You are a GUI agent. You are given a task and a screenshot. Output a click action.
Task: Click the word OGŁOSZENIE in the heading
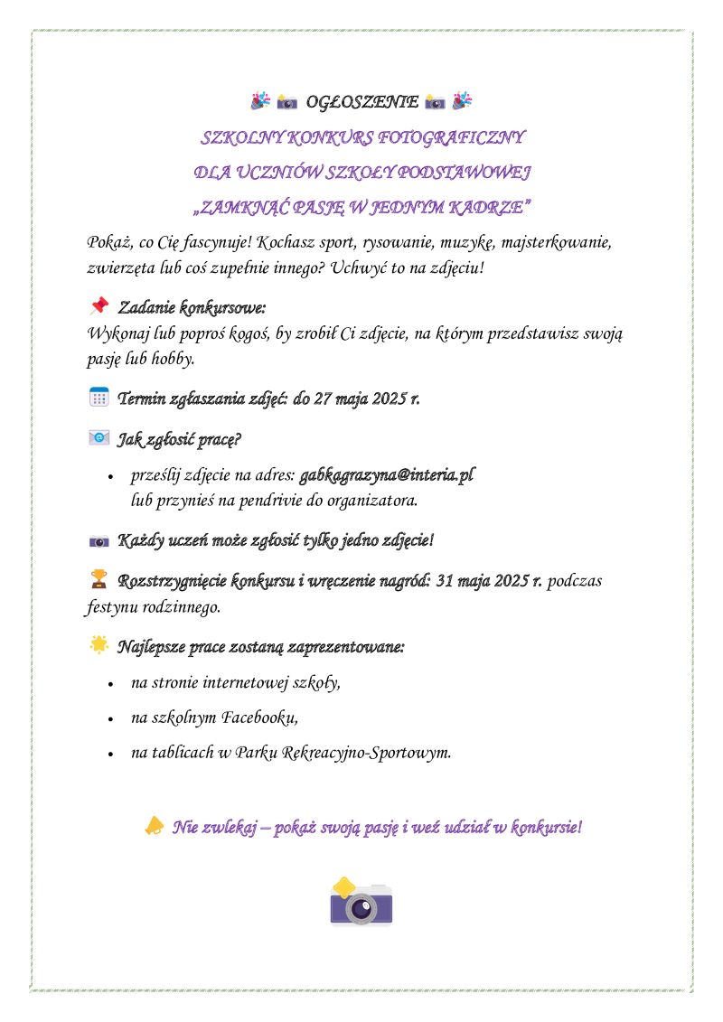pos(361,102)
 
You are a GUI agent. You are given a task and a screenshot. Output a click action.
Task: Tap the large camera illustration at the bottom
pos(361,902)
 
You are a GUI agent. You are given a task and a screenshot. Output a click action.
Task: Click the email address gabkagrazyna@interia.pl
pos(387,474)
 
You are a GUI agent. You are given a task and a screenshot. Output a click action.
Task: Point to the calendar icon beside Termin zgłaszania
pos(99,396)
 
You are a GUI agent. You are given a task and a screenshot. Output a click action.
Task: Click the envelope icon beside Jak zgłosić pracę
pos(99,438)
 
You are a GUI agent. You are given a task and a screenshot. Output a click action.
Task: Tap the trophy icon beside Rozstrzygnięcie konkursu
pos(99,577)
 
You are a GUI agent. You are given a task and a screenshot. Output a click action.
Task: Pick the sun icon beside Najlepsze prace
pos(99,645)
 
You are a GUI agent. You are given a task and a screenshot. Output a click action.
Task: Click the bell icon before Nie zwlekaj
pos(155,825)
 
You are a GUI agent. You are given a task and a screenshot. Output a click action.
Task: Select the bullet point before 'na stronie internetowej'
pos(109,685)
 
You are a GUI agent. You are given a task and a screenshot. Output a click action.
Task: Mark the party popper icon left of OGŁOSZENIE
pos(260,101)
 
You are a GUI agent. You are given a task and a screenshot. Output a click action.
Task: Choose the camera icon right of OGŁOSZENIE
pos(435,102)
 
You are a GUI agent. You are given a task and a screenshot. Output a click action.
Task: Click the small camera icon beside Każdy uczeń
pos(99,541)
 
